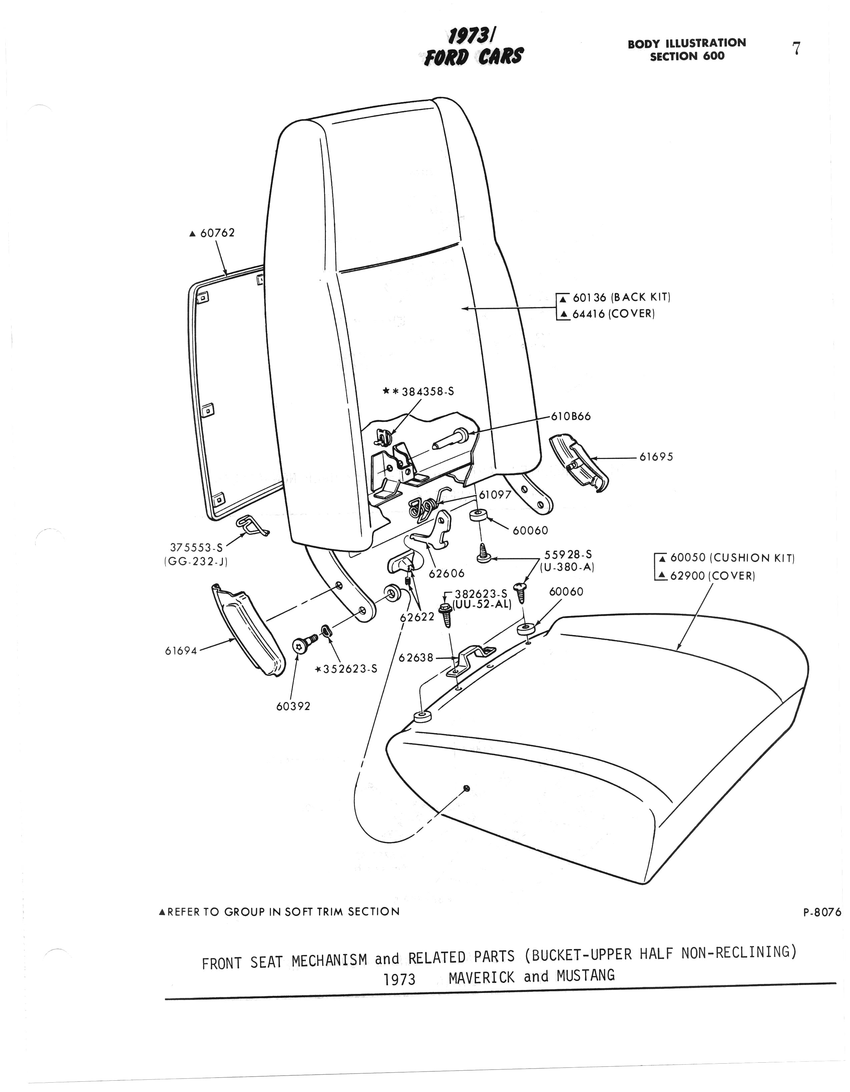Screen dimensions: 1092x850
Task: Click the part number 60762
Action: point(218,233)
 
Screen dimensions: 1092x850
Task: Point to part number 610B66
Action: point(570,417)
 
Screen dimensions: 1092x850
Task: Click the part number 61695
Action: point(656,457)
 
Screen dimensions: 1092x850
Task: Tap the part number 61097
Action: point(495,495)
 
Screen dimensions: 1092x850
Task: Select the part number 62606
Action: point(446,573)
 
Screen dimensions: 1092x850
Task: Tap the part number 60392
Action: point(294,706)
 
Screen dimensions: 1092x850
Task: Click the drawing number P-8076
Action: point(822,913)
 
